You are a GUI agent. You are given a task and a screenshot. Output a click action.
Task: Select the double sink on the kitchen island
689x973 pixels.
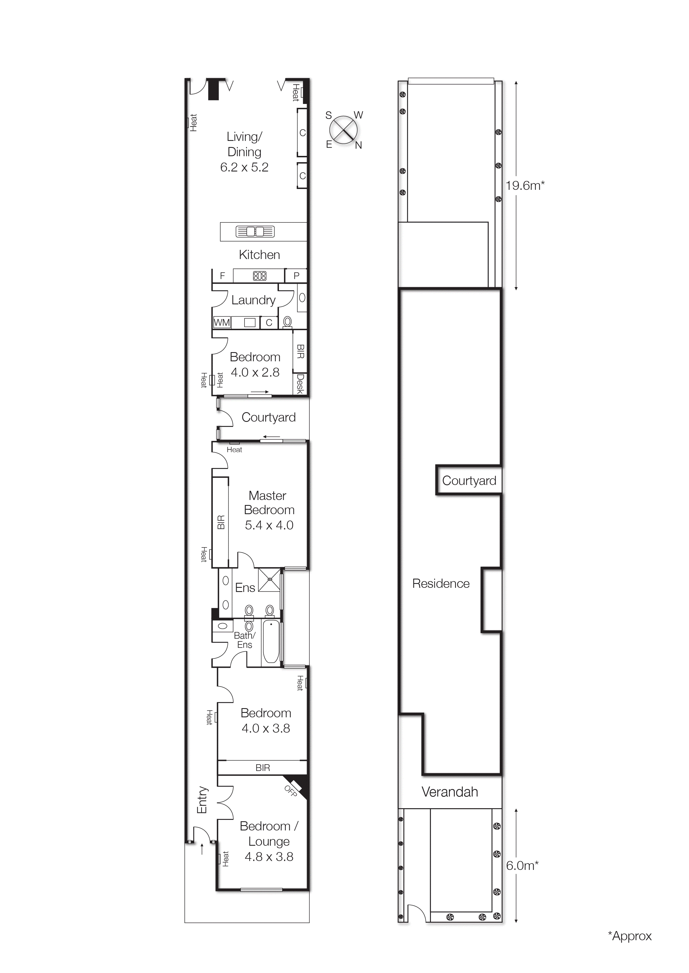tap(255, 232)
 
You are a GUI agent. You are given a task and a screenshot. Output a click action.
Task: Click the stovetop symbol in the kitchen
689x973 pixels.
tap(259, 276)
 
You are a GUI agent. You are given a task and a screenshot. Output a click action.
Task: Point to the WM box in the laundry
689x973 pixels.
tap(221, 322)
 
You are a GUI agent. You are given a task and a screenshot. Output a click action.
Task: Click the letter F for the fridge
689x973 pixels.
tap(222, 276)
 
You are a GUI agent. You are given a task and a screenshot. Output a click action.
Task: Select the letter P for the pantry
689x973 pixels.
tap(296, 276)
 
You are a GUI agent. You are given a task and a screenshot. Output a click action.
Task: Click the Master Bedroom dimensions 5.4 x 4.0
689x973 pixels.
tap(269, 525)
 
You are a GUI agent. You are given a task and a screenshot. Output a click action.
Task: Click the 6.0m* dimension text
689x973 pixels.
tap(522, 866)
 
